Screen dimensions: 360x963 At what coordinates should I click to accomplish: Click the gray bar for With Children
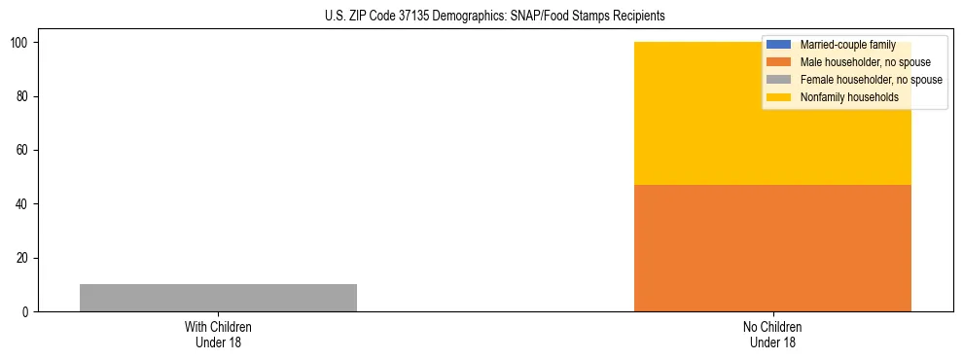pyautogui.click(x=218, y=298)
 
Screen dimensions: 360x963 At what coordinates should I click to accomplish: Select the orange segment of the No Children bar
pyautogui.click(x=772, y=248)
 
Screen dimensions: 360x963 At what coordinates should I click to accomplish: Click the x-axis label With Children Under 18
pyautogui.click(x=218, y=334)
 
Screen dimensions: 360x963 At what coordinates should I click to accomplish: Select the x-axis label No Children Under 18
pyautogui.click(x=772, y=334)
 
